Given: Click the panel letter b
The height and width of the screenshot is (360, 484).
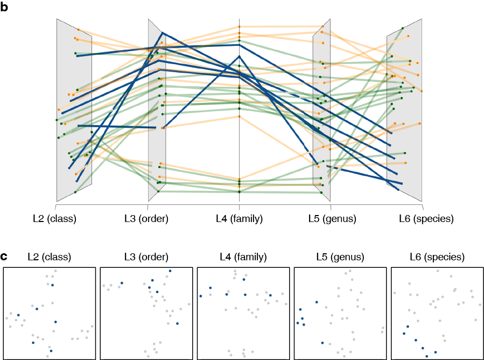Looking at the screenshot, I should tap(5, 7).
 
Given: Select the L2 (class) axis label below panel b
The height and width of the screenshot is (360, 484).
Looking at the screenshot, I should tap(55, 219).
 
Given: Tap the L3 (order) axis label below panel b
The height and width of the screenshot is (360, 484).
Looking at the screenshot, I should tap(146, 219).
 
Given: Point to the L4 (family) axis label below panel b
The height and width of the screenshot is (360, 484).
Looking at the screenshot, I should tap(239, 219).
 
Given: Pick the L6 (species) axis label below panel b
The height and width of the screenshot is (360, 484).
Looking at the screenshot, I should tap(426, 219).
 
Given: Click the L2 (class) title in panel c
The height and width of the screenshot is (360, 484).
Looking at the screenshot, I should tap(49, 257).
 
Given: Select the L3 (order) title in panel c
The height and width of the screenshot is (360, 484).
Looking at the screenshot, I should tap(146, 257).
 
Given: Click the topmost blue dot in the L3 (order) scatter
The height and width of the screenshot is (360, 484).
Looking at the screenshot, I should tap(170, 271).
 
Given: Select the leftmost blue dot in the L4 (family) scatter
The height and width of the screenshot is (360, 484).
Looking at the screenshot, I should tap(200, 296).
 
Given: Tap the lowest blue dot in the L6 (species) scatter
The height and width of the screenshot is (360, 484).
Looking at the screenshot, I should tap(427, 356).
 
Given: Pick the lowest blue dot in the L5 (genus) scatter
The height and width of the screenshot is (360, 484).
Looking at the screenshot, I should tap(322, 343).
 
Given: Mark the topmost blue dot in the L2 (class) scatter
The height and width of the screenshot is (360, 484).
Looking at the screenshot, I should tap(52, 285).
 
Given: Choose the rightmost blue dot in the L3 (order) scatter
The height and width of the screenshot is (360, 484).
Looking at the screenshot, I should tap(177, 323).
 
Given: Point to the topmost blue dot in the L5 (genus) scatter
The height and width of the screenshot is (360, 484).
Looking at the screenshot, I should tap(316, 302).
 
